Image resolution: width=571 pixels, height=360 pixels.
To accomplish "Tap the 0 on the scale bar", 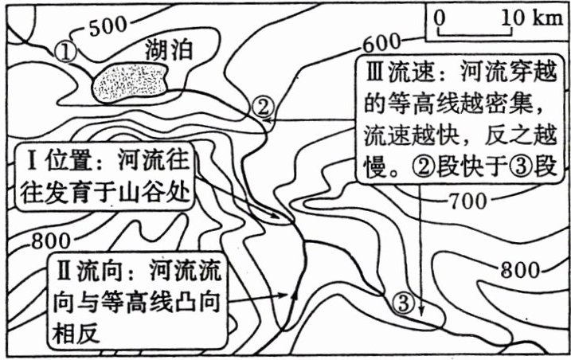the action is [x=440, y=17].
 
